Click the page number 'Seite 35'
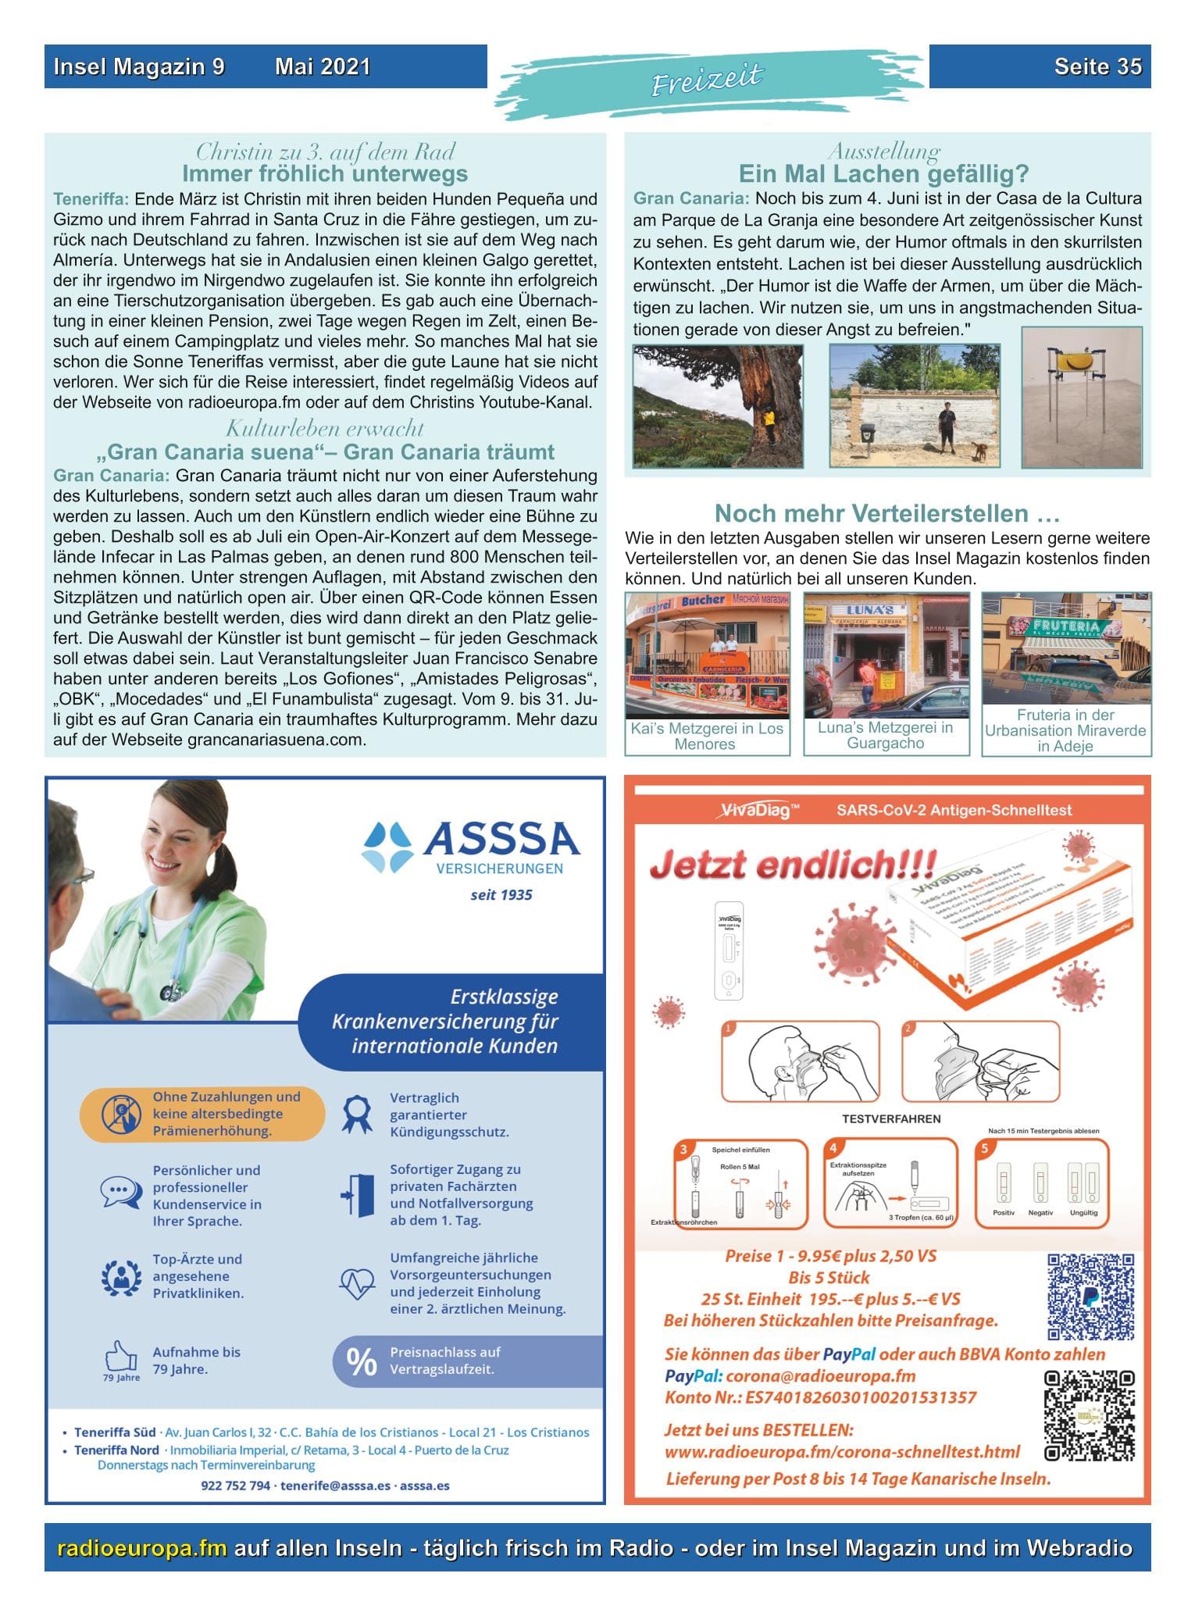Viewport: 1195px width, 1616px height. pos(1097,66)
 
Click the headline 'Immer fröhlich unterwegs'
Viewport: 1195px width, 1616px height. pos(325,173)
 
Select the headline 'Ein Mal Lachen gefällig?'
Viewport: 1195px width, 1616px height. pos(883,173)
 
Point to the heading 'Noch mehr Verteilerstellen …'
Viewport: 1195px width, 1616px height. pos(886,513)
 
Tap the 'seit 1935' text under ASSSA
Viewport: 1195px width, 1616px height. pos(501,894)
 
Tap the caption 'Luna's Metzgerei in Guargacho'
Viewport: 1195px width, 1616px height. pos(885,735)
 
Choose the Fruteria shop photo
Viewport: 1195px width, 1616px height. pos(1065,647)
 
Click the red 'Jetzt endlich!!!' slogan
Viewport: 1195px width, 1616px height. pos(792,865)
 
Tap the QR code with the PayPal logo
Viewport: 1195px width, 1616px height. pos(1090,1296)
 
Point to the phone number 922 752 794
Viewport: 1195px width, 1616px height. pos(235,1485)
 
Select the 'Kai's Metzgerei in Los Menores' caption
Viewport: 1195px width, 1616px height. pos(706,736)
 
